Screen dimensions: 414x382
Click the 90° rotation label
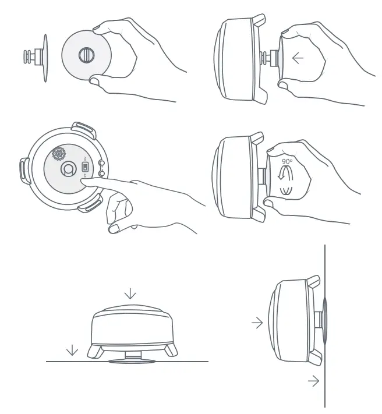pos(287,161)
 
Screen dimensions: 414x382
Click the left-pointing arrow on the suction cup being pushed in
pos(298,59)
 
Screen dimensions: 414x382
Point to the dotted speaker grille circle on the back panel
pos(59,154)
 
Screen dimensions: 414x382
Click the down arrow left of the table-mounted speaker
pos(72,349)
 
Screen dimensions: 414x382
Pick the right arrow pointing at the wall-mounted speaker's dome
pos(257,323)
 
